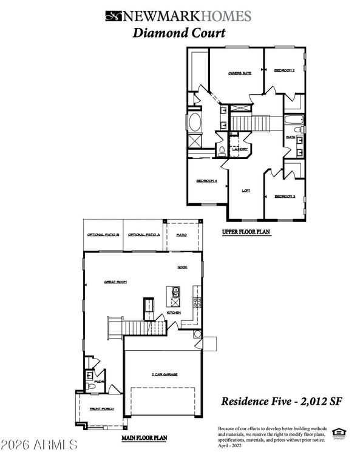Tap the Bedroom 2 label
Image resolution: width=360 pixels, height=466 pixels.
[284, 70]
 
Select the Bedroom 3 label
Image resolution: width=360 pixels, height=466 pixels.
[284, 197]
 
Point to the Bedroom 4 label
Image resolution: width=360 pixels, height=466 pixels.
[206, 181]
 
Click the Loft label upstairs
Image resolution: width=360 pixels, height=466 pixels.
[246, 191]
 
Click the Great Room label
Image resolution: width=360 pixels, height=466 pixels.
[115, 282]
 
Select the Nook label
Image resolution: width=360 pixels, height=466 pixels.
[182, 267]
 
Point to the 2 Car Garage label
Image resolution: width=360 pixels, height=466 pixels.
[165, 375]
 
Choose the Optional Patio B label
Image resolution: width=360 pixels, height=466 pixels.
[103, 234]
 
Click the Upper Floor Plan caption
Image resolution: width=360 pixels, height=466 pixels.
[246, 232]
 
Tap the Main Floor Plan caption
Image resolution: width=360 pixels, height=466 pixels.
[144, 436]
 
